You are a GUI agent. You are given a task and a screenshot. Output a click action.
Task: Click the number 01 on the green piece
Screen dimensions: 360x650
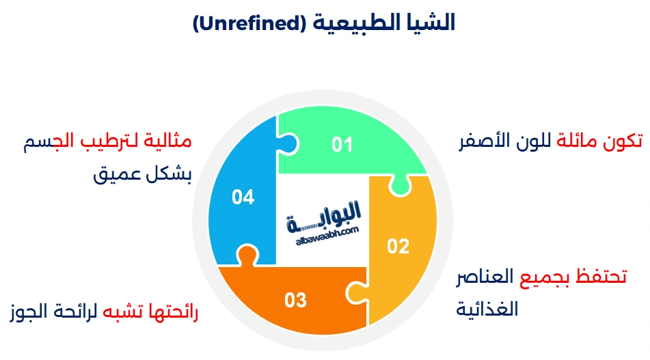pos(342,145)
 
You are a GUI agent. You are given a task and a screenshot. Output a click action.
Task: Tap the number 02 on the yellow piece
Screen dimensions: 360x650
pos(398,245)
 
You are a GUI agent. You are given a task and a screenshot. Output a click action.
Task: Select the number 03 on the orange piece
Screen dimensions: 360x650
pos(295,300)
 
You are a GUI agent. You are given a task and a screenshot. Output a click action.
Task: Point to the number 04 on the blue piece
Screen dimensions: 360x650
pos(243,197)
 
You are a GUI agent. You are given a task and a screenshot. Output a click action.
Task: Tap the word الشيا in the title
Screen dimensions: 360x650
pos(429,24)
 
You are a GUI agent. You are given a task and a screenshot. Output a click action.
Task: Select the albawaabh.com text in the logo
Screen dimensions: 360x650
pos(327,232)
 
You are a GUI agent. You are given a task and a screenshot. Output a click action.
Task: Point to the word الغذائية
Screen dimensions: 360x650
pos(487,309)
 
